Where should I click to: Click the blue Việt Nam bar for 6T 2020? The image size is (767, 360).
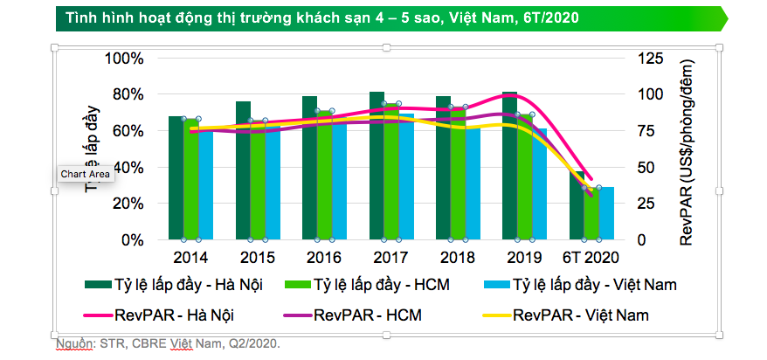pyautogui.click(x=606, y=214)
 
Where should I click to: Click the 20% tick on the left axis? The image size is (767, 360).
pyautogui.click(x=128, y=203)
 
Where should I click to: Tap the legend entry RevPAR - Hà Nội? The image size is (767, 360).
pyautogui.click(x=175, y=314)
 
